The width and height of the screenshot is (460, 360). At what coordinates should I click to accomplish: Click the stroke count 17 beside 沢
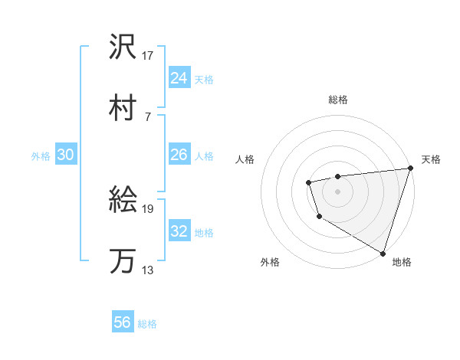tap(148, 56)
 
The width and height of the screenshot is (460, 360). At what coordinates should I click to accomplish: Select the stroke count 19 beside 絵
tap(148, 208)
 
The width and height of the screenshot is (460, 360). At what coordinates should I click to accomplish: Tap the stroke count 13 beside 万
tap(148, 269)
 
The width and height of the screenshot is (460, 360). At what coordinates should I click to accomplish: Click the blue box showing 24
tap(179, 78)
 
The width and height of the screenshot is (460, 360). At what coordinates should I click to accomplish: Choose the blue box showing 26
tap(179, 155)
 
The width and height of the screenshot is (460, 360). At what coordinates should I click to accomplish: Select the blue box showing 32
tap(179, 231)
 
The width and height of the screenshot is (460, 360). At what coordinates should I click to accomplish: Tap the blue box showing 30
tap(65, 155)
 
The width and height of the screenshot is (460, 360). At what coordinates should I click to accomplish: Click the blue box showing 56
tap(123, 322)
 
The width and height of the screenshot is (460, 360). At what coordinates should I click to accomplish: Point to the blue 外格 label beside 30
tap(41, 156)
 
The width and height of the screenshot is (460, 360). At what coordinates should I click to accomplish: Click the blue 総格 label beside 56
tap(147, 324)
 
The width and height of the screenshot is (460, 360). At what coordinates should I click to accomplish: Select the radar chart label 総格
tap(338, 100)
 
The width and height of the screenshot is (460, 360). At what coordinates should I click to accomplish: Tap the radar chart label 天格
tap(431, 159)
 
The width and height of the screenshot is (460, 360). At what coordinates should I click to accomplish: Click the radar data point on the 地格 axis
tap(383, 252)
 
